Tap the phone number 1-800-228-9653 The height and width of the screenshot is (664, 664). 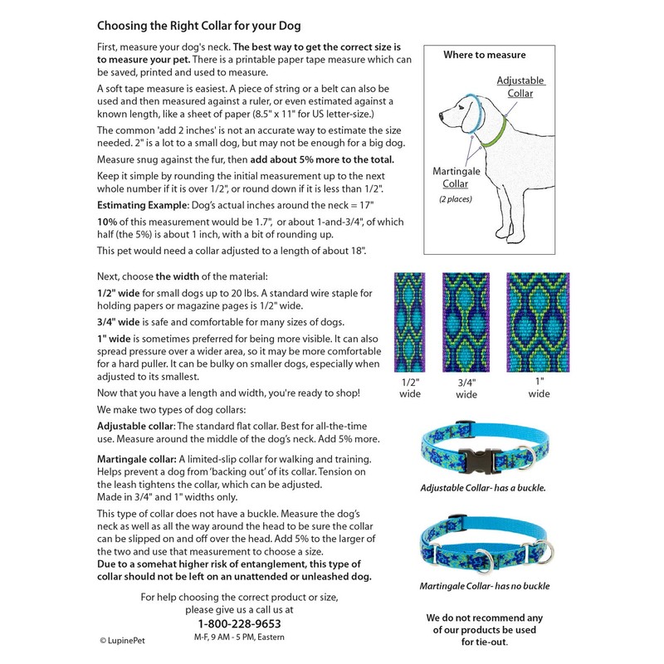pyautogui.click(x=239, y=624)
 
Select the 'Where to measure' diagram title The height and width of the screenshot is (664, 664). pyautogui.click(x=484, y=55)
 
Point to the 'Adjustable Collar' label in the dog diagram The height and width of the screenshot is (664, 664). pyautogui.click(x=520, y=87)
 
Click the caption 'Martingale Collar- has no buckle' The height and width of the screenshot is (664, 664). pyautogui.click(x=484, y=586)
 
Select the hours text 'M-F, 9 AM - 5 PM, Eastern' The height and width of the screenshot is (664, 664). pyautogui.click(x=239, y=637)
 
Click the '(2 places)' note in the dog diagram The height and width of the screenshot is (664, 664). pyautogui.click(x=452, y=200)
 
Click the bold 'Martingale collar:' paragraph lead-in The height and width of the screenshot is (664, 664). pyautogui.click(x=135, y=459)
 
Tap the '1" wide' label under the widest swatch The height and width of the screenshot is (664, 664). pyautogui.click(x=538, y=387)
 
